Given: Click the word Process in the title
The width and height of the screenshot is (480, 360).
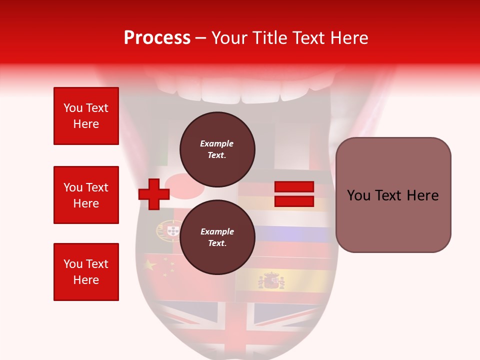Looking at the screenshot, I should point(157,38).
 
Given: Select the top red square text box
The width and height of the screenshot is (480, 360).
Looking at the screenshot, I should point(86,116).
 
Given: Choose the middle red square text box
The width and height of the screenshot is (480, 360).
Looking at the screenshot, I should point(86,195).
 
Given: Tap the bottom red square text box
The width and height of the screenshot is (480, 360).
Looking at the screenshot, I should point(86,272).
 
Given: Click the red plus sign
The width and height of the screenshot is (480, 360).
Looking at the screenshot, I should point(154,194).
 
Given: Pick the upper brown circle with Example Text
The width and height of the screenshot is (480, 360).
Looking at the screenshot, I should point(217,149).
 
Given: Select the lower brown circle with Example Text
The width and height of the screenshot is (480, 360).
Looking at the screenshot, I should point(217,237).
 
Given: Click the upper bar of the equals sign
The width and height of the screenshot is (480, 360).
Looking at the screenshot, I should point(294,186).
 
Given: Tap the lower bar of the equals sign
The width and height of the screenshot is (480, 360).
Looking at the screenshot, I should point(294,201).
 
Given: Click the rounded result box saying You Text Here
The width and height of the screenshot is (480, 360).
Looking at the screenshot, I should point(393,195).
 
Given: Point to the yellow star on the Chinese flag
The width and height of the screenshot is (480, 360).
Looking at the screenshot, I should point(150,265).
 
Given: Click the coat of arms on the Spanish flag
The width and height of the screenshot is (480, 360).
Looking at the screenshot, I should point(271,280).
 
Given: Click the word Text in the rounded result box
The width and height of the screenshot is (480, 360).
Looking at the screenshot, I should point(393,195).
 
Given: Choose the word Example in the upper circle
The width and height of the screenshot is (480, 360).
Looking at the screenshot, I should point(217,143).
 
